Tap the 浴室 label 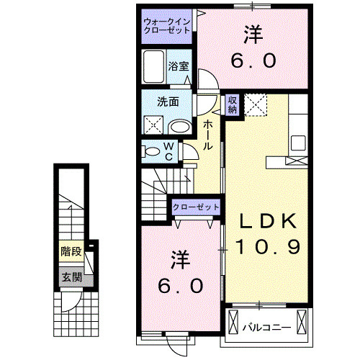click(179, 66)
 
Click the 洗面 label click(168, 102)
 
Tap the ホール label click(207, 135)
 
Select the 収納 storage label click(233, 104)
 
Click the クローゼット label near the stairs click(196, 207)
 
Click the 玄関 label click(70, 276)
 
